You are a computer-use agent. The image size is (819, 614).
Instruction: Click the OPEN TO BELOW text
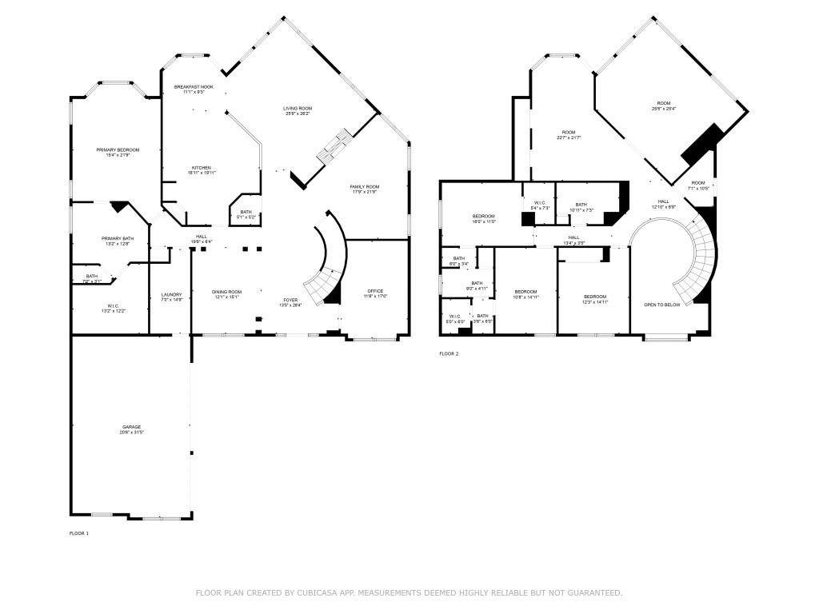[662, 305]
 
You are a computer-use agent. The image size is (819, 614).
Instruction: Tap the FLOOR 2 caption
[449, 353]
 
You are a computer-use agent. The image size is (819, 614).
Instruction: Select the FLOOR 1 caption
[79, 532]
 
